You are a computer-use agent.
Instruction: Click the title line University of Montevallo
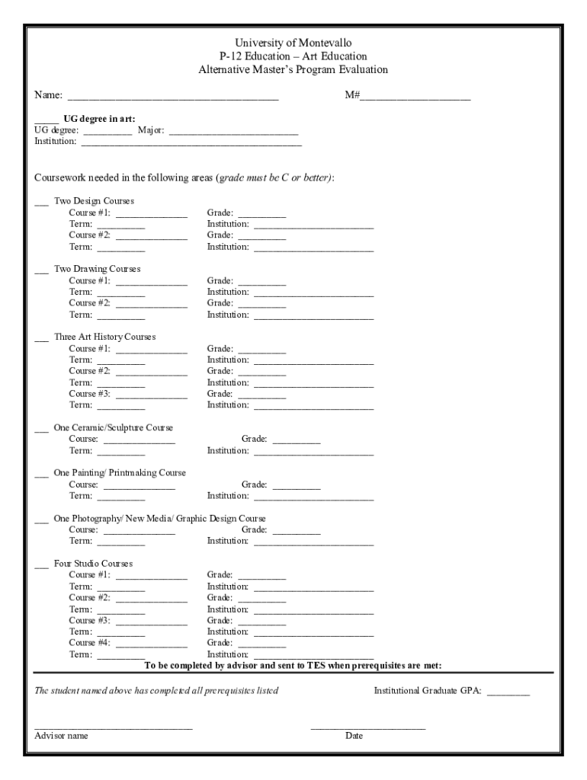click(293, 43)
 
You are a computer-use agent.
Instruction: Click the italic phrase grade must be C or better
click(274, 177)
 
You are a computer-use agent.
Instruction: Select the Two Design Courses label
click(94, 201)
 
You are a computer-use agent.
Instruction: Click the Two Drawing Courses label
click(97, 269)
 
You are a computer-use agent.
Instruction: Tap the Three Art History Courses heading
click(104, 337)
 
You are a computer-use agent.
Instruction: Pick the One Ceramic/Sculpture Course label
click(113, 427)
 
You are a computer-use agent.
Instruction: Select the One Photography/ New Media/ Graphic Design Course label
click(159, 518)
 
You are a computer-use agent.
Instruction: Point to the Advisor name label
click(61, 736)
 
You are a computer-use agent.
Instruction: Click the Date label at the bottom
click(354, 736)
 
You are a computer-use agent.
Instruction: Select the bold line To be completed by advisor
click(293, 665)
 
